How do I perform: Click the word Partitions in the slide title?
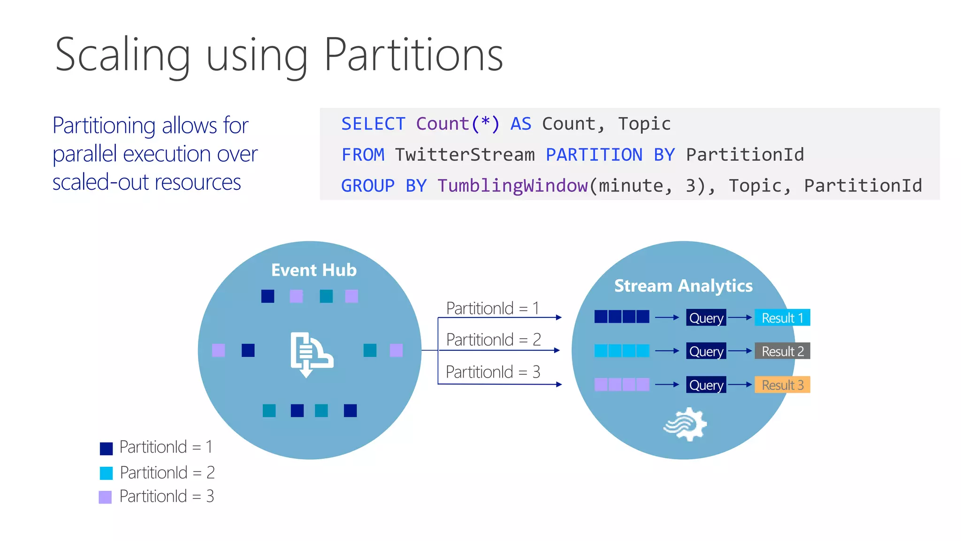click(x=413, y=55)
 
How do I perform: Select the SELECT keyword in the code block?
click(x=373, y=124)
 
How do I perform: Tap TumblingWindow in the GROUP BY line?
click(x=512, y=186)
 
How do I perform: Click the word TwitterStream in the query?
click(x=465, y=155)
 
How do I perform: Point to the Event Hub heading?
click(x=314, y=270)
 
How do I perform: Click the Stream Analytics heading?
click(x=683, y=286)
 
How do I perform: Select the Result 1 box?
click(x=782, y=318)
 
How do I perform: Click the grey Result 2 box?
click(x=782, y=351)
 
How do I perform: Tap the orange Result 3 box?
click(x=782, y=385)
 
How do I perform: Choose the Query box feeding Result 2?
click(x=706, y=351)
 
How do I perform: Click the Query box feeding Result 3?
click(x=706, y=385)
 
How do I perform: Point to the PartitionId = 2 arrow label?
click(x=493, y=340)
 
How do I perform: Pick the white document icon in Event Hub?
click(x=310, y=355)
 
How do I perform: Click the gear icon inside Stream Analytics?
click(x=686, y=424)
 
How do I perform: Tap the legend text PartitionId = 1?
click(x=166, y=447)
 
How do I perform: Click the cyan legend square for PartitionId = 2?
click(x=107, y=473)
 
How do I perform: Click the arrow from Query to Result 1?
click(x=740, y=318)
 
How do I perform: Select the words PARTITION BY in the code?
click(x=610, y=155)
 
